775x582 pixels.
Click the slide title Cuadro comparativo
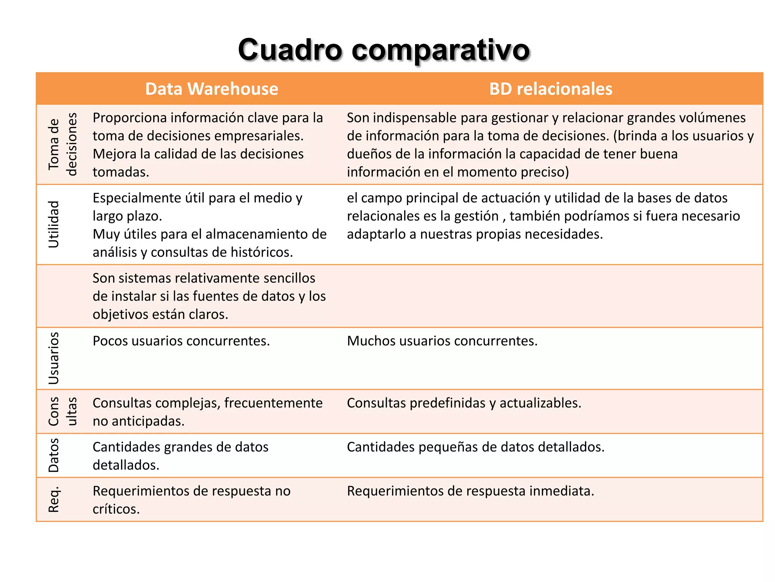384,50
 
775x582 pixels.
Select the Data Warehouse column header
212,89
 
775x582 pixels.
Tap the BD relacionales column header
551,89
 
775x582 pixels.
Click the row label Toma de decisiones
62,144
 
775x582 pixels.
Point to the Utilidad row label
54,224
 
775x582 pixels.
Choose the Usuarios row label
54,358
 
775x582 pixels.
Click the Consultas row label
62,411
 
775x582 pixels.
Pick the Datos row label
54,455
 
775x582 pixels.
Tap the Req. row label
54,499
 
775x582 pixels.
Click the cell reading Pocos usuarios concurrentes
181,341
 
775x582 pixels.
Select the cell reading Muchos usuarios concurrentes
442,341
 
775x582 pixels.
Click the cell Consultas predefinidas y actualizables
464,403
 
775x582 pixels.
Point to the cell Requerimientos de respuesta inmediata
470,491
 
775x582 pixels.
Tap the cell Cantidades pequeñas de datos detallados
476,447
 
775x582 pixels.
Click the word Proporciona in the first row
129,118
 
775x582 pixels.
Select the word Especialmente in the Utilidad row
137,198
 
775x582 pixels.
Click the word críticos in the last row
116,509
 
